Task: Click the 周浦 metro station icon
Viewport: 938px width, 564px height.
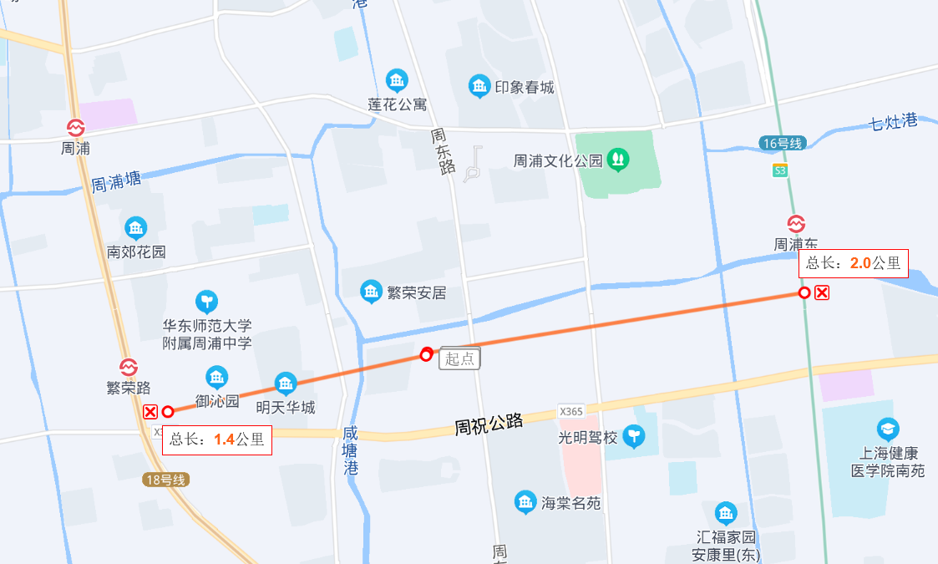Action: pos(76,128)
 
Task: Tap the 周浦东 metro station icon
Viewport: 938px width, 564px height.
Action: pos(796,224)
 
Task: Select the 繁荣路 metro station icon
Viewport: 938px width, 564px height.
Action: pos(128,368)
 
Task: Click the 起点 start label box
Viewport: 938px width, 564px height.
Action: pos(459,358)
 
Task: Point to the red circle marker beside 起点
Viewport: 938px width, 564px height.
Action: pos(426,355)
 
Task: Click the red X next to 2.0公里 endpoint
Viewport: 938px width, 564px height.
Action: pos(822,292)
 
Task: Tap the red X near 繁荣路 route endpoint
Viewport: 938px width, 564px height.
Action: pos(150,411)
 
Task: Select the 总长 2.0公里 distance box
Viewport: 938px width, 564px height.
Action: pos(853,263)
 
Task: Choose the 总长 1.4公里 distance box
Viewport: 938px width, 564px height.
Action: pos(217,440)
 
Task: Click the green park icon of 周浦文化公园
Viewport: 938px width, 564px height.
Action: pos(618,157)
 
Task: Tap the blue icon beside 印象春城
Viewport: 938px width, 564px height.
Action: pos(479,86)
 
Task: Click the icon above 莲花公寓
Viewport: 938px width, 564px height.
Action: pos(397,81)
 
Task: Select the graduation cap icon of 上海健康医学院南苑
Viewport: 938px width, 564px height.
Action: pos(888,429)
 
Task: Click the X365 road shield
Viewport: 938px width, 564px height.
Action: pos(571,411)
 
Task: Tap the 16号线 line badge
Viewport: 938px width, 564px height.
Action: pos(782,144)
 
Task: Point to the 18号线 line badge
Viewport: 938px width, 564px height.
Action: pos(165,480)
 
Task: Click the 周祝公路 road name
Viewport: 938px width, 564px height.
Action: pos(489,424)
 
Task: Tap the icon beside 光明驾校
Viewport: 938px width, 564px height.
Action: pos(636,436)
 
